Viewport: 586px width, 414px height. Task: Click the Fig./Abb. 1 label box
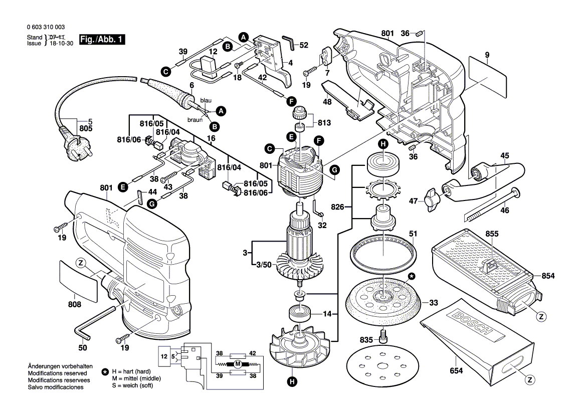tap(101, 40)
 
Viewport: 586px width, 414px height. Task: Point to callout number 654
tap(456, 370)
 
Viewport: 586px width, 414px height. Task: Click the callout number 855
tap(492, 233)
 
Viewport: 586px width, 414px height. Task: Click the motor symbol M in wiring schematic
tap(239, 363)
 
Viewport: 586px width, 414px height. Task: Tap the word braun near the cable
tap(195, 120)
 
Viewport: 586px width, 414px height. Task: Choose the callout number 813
tap(324, 122)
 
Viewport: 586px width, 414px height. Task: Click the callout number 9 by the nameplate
tap(486, 54)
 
